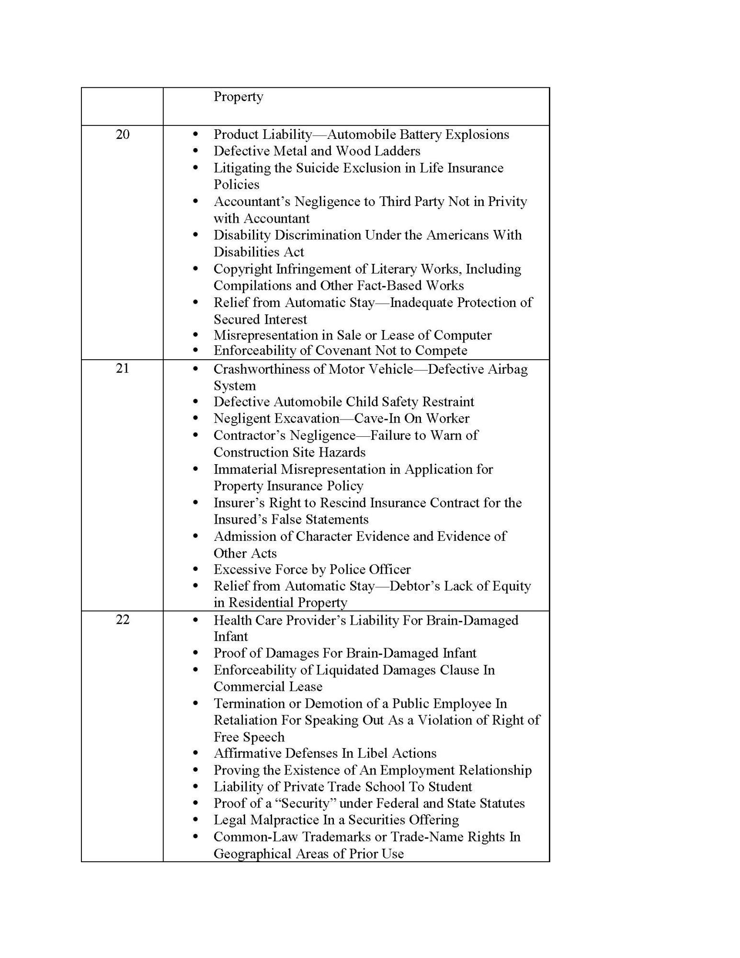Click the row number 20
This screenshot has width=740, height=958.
pyautogui.click(x=123, y=135)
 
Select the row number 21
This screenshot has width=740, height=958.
pyautogui.click(x=123, y=369)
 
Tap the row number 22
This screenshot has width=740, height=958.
pyautogui.click(x=123, y=620)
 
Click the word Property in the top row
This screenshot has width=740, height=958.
pyautogui.click(x=238, y=97)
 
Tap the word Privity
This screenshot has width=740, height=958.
pyautogui.click(x=507, y=202)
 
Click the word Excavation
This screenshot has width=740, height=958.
pyautogui.click(x=307, y=419)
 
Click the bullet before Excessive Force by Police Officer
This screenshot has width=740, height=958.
pyautogui.click(x=195, y=570)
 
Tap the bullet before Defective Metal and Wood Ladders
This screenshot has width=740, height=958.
pyautogui.click(x=195, y=151)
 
